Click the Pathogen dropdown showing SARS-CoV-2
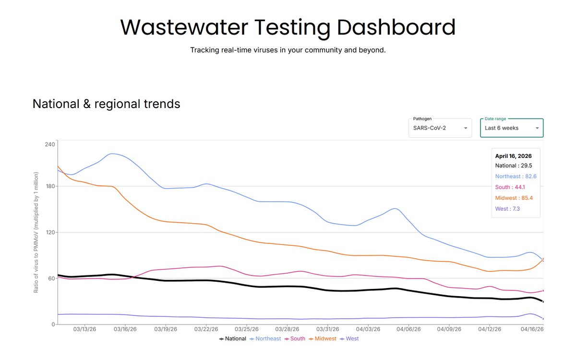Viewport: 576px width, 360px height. [440, 128]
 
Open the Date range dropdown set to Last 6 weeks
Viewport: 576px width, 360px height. [512, 128]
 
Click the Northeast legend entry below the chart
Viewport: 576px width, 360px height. [265, 339]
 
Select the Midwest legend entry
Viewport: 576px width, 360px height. [323, 339]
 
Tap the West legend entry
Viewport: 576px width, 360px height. [349, 339]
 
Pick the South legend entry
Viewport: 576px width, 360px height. [295, 339]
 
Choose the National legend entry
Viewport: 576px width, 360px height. [233, 339]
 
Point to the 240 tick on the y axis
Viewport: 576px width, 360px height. [50, 144]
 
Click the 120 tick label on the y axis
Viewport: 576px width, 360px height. [50, 232]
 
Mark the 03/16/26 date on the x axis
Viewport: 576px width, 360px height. [125, 329]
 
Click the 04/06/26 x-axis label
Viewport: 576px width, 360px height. [408, 329]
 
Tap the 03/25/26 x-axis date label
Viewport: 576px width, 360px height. [247, 329]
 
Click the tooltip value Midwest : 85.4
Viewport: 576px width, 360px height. [514, 198]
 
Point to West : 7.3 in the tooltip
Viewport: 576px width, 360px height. [508, 209]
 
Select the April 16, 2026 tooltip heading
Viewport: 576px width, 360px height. [514, 156]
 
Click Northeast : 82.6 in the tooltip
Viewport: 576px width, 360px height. [516, 177]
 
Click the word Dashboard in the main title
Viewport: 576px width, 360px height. [396, 27]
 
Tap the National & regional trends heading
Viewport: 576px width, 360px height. [107, 104]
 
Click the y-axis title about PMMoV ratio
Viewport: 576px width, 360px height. [36, 232]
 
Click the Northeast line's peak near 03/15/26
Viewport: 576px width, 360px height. [111, 154]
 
